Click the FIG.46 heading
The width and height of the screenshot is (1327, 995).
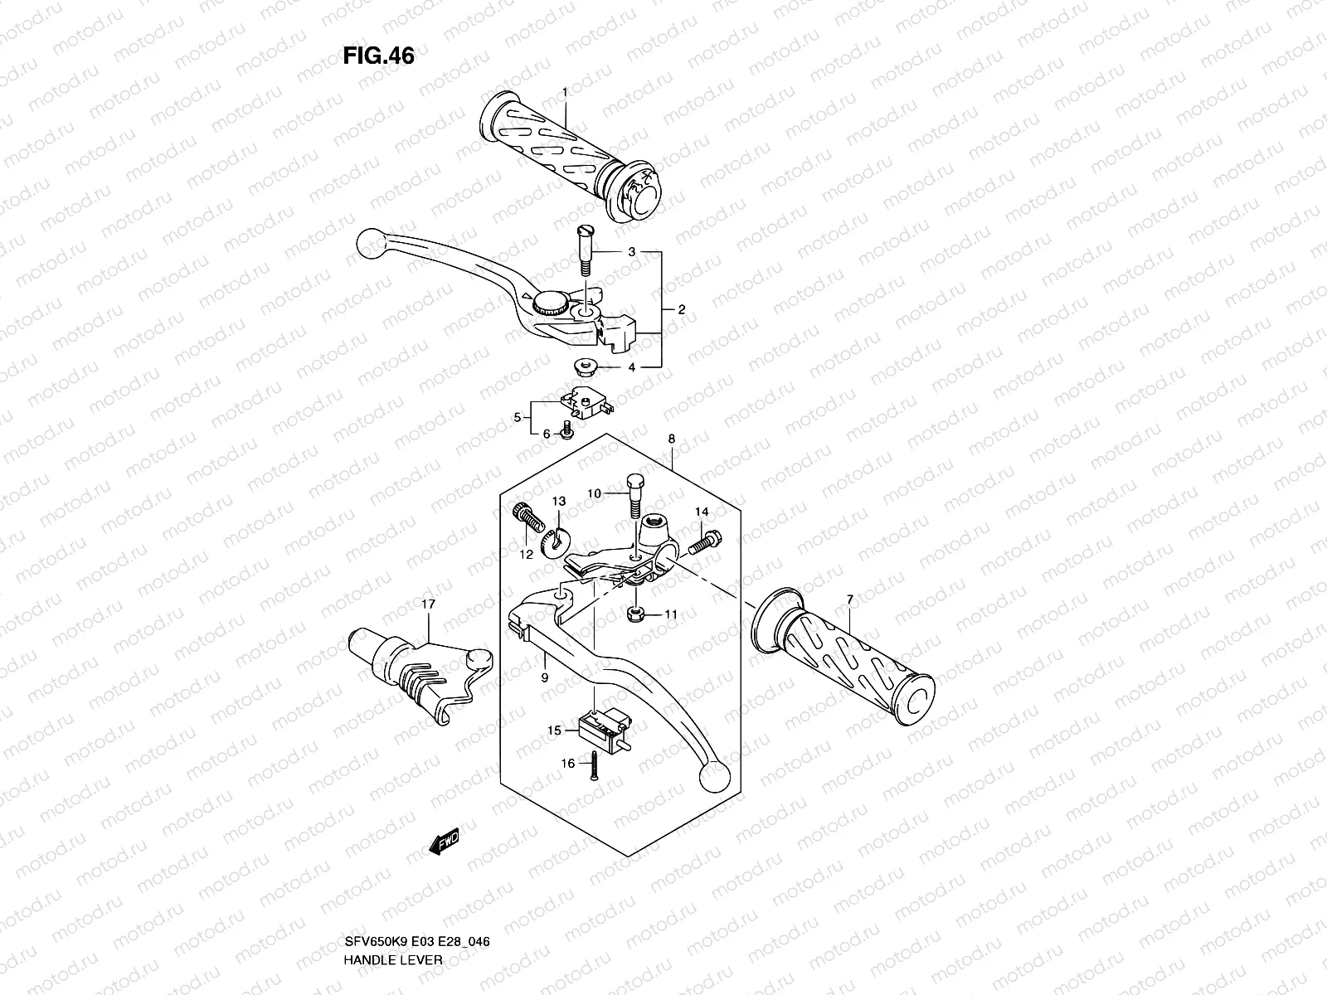(x=378, y=56)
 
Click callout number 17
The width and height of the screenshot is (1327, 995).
(x=428, y=605)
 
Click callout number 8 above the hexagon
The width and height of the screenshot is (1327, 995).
(x=671, y=439)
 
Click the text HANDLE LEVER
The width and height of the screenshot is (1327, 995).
(x=394, y=891)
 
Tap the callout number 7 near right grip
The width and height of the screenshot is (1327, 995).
(x=849, y=599)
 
